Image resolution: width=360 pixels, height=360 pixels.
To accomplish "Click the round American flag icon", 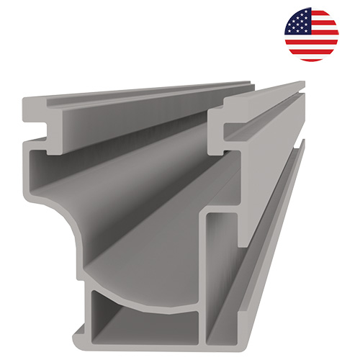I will [311, 34].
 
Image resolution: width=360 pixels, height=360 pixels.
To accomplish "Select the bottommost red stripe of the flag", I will [311, 57].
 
